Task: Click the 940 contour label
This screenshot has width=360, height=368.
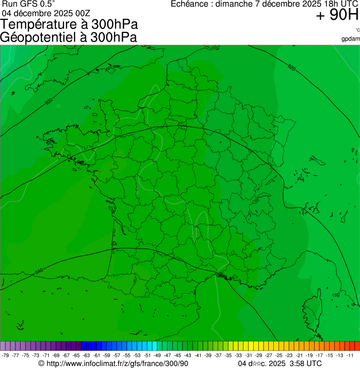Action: (x=39, y=271)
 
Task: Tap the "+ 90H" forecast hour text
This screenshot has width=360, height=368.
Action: (x=337, y=15)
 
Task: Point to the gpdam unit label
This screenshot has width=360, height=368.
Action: (x=351, y=39)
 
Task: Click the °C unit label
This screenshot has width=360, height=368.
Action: (x=357, y=30)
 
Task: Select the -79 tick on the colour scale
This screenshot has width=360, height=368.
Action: (x=6, y=355)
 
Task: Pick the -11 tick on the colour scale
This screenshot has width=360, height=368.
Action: (x=350, y=355)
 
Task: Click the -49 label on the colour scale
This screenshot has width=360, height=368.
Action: (x=157, y=355)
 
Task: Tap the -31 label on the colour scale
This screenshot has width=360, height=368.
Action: (x=248, y=355)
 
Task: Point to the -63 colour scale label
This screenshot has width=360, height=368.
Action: (x=86, y=355)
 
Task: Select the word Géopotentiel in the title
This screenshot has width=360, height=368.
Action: (x=38, y=37)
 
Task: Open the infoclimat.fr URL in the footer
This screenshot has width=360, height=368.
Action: (x=117, y=363)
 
